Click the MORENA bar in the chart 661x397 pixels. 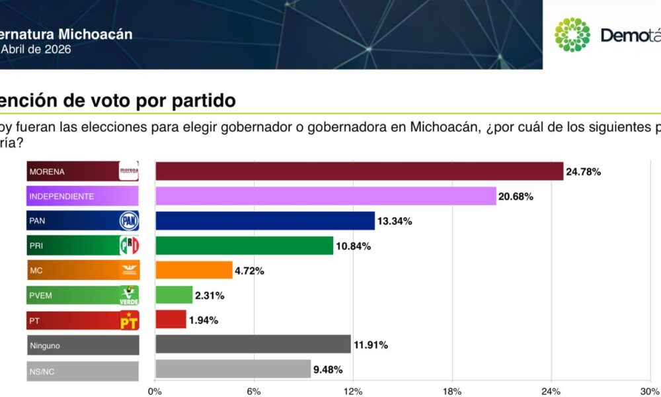(x=359, y=171)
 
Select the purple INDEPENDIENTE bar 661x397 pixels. (x=325, y=196)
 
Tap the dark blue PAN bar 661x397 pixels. (x=264, y=221)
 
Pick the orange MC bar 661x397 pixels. (x=194, y=271)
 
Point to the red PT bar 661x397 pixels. (x=171, y=320)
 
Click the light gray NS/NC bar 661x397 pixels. (x=233, y=369)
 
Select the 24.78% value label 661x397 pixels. (x=583, y=172)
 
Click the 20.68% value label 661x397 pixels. (x=516, y=197)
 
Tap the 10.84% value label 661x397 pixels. (x=353, y=246)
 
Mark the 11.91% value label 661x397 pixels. (x=370, y=345)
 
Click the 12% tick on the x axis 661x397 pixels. (x=353, y=391)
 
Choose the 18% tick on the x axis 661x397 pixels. (x=452, y=391)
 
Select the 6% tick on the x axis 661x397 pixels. (x=254, y=391)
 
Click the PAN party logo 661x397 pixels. (x=128, y=221)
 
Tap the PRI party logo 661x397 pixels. (x=128, y=245)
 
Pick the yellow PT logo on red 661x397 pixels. (x=128, y=321)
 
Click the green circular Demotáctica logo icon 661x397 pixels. (x=572, y=35)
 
